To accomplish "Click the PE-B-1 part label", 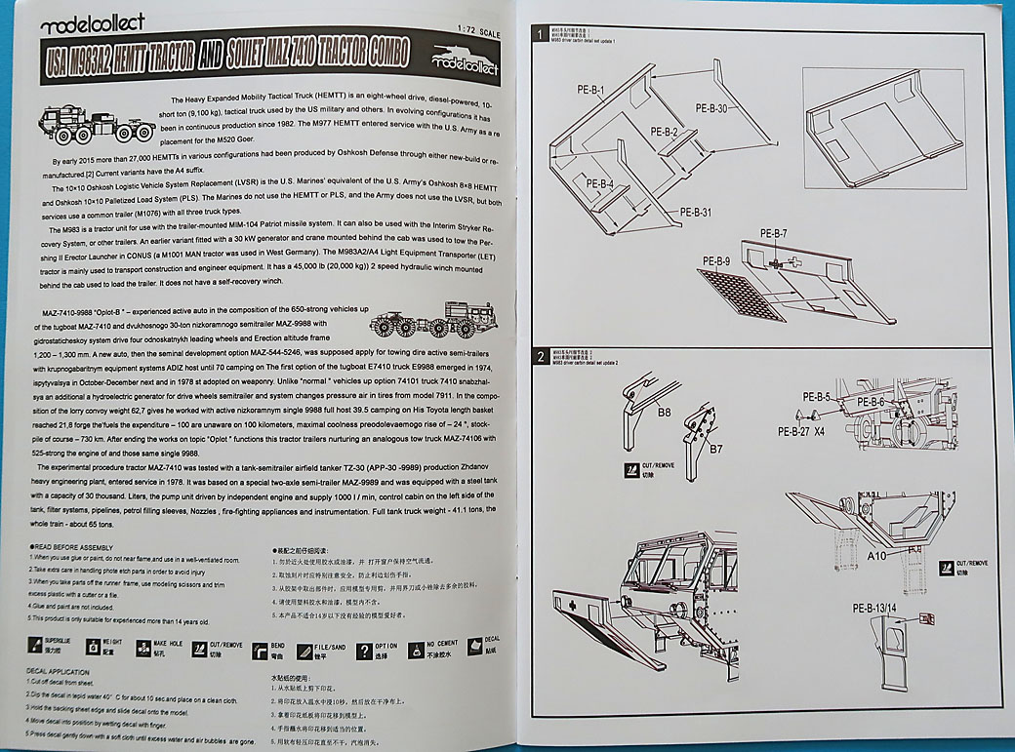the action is pyautogui.click(x=591, y=91).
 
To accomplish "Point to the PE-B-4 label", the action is pyautogui.click(x=599, y=182).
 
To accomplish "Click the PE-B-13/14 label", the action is pyautogui.click(x=875, y=609).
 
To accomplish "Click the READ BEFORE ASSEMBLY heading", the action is pyautogui.click(x=74, y=549).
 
